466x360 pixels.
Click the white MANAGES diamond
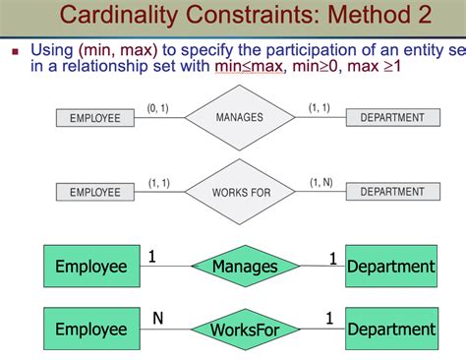coord(240,118)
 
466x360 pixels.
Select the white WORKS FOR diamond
coord(241,192)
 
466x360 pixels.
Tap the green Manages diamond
coord(244,266)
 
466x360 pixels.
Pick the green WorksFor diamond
coord(244,330)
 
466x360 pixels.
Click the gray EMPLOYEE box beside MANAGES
coord(95,118)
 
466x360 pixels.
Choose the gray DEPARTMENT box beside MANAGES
coord(392,118)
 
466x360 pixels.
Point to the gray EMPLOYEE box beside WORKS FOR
coord(95,193)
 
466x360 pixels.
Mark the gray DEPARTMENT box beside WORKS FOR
coord(392,192)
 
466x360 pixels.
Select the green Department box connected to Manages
coord(390,266)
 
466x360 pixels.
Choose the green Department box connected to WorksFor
coord(390,330)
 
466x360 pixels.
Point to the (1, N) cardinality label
coord(322,182)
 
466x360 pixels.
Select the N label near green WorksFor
coord(157,318)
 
